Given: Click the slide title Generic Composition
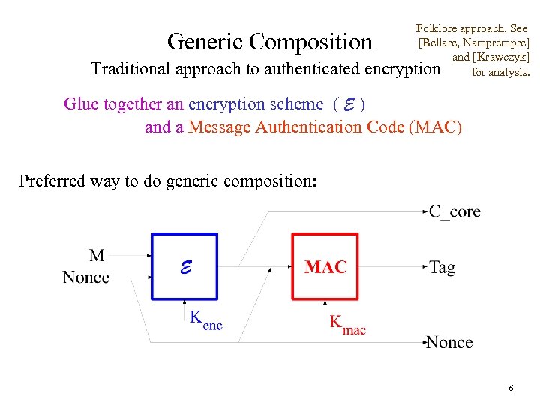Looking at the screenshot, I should pos(270,41).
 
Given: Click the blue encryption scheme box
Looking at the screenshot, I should pos(184,266).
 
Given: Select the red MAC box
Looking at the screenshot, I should pos(325,266).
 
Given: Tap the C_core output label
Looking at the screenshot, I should pos(454,212).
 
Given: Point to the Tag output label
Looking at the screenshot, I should pos(442,267).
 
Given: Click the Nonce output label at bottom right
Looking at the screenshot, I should pos(449,343).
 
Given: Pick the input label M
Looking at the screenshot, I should pos(97,255).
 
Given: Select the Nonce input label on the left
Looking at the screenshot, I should pos(86,277).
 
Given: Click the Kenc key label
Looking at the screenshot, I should pos(205,319).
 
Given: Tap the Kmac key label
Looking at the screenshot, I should pos(347,324).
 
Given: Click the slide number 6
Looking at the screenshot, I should pos(511,388).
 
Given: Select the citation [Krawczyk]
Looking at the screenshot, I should pos(501,58).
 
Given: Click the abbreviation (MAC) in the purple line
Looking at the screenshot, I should pos(436,127).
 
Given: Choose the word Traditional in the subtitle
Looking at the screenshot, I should pos(130,69).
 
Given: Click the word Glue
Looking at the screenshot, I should pos(79,104).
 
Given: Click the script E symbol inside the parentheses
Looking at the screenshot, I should pos(349,104).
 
